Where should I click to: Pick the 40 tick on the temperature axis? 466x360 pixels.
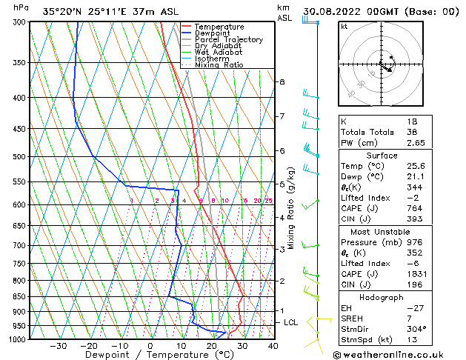pos(273,345)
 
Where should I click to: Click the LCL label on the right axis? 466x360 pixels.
pos(290,323)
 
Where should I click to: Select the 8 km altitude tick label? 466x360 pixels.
pos(282,81)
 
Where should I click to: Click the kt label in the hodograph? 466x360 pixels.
pos(344,27)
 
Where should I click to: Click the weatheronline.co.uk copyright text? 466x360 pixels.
pos(393,355)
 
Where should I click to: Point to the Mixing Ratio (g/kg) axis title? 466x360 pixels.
pos(291,207)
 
